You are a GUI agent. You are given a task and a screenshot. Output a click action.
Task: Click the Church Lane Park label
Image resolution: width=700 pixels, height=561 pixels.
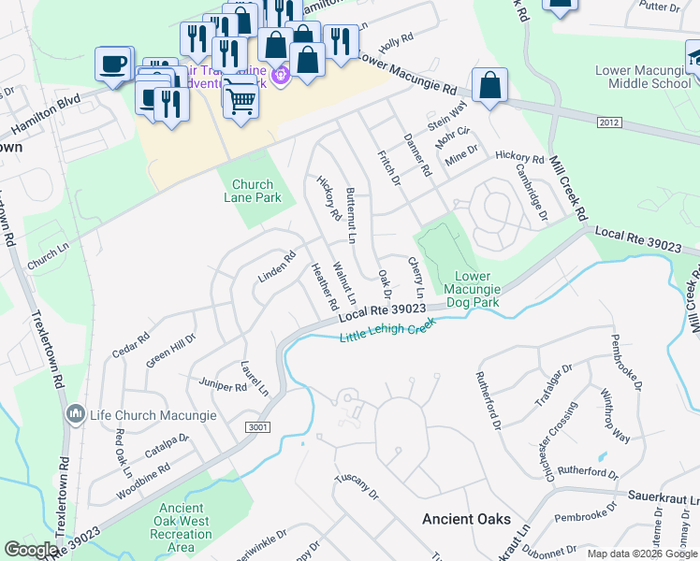[x=253, y=191]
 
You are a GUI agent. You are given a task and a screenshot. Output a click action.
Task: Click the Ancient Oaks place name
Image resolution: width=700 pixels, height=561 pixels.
[x=466, y=519]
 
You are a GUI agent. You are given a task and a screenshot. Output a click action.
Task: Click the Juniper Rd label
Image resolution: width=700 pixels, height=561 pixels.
[x=222, y=384]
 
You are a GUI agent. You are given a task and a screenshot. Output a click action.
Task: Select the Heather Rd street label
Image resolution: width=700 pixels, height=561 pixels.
[x=324, y=286]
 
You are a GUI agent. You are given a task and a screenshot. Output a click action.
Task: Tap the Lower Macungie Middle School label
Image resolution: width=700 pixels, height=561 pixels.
[x=644, y=78]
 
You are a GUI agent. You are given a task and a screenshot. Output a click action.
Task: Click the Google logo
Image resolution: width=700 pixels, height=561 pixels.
[x=30, y=550]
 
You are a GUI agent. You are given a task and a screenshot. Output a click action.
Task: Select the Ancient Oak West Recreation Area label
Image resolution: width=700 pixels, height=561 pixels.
[x=184, y=527]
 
